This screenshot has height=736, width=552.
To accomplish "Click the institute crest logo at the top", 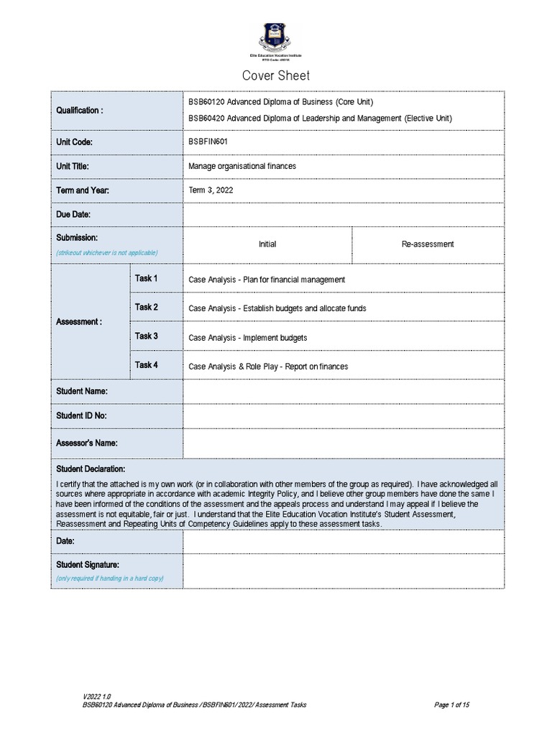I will pyautogui.click(x=275, y=37).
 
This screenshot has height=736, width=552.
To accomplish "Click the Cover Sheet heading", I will pyautogui.click(x=276, y=75).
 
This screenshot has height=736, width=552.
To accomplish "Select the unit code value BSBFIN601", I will pyautogui.click(x=208, y=142).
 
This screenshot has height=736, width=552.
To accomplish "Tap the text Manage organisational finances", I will pyautogui.click(x=241, y=166).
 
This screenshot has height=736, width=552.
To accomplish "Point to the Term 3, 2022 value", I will pyautogui.click(x=211, y=190).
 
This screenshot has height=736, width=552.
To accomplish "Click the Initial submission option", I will pyautogui.click(x=267, y=244).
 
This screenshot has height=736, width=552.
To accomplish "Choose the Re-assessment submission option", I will pyautogui.click(x=427, y=244).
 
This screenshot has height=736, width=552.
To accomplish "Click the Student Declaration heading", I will pyautogui.click(x=91, y=469).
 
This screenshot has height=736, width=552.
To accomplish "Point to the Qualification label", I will pyautogui.click(x=79, y=111).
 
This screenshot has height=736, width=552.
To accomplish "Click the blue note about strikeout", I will pyautogui.click(x=106, y=253).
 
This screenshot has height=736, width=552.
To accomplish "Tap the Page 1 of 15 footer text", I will pyautogui.click(x=451, y=705).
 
